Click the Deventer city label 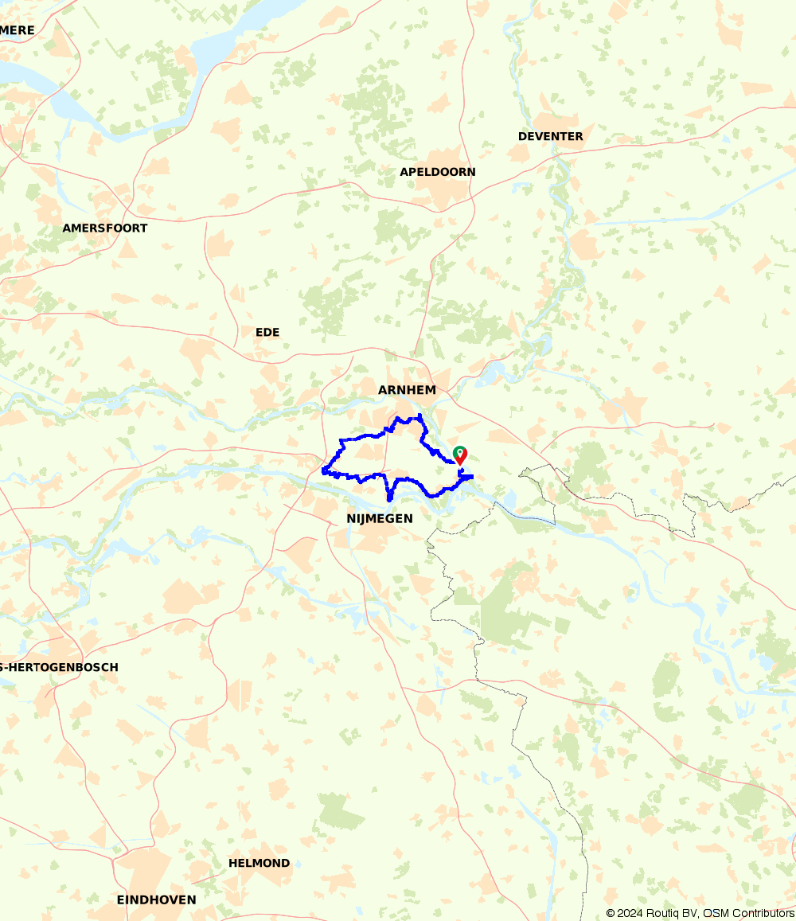click(550, 136)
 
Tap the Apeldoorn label click(437, 172)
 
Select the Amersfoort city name click(105, 228)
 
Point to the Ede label click(267, 332)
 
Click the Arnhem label click(407, 389)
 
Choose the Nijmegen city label click(380, 518)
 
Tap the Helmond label click(259, 863)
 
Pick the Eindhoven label click(156, 900)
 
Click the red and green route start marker click(459, 455)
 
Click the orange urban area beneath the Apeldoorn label click(440, 191)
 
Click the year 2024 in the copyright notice click(630, 913)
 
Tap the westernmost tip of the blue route click(323, 470)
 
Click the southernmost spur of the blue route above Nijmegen click(389, 499)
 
